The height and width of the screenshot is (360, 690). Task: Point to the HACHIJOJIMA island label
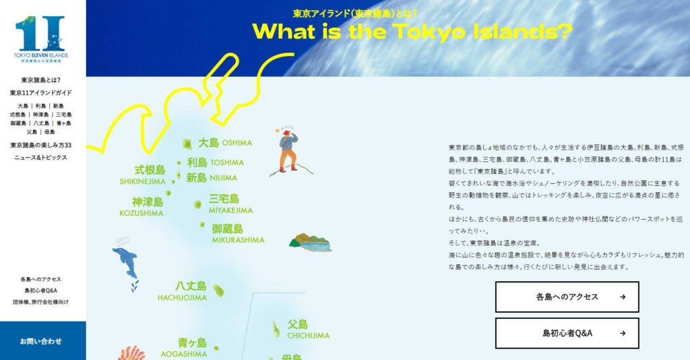point(183,291)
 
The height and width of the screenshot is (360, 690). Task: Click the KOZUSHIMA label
point(142,207)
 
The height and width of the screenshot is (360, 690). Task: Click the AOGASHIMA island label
point(184,348)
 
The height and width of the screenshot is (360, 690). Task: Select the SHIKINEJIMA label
point(143,175)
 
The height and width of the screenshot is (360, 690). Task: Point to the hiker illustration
point(288,151)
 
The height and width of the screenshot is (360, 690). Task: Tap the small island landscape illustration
point(310,243)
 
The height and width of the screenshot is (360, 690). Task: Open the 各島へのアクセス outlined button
point(567,297)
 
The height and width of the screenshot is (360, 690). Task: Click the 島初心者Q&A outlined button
point(567,333)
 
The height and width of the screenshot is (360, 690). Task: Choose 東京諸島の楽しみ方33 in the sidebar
point(41,145)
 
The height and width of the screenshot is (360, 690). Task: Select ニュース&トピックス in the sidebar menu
point(41,157)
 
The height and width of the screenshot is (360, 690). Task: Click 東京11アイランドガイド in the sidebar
point(41,92)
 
